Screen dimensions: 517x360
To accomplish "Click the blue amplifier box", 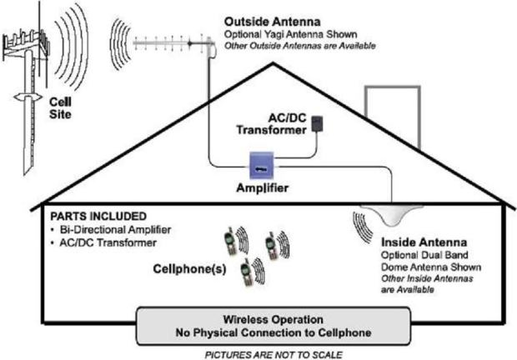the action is pos(262,165).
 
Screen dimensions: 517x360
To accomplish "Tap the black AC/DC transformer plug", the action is pos(317,124).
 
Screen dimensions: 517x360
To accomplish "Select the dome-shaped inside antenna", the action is pos(393,214).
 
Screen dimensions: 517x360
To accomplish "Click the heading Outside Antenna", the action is pos(273,22).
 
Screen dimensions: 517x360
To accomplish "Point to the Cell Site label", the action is pos(60,108).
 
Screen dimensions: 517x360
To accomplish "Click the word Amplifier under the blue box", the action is pos(263,187).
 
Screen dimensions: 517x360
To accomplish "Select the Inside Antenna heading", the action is pos(424,242).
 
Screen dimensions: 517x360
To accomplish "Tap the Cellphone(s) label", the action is pos(189,269).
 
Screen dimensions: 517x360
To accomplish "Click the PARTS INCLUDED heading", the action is pos(98,216).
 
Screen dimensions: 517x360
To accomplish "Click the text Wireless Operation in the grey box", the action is pos(273,319).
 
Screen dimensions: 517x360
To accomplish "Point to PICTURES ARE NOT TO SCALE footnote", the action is pos(274,355).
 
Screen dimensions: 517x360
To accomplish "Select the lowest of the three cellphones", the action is pos(246,272).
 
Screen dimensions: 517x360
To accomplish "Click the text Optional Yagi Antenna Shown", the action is pos(290,34).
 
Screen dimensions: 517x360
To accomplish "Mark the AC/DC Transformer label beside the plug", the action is pos(271,124).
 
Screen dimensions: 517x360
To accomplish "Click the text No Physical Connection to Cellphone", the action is pos(274,332).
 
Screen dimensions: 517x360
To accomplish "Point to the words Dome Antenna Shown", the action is pos(431,267).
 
